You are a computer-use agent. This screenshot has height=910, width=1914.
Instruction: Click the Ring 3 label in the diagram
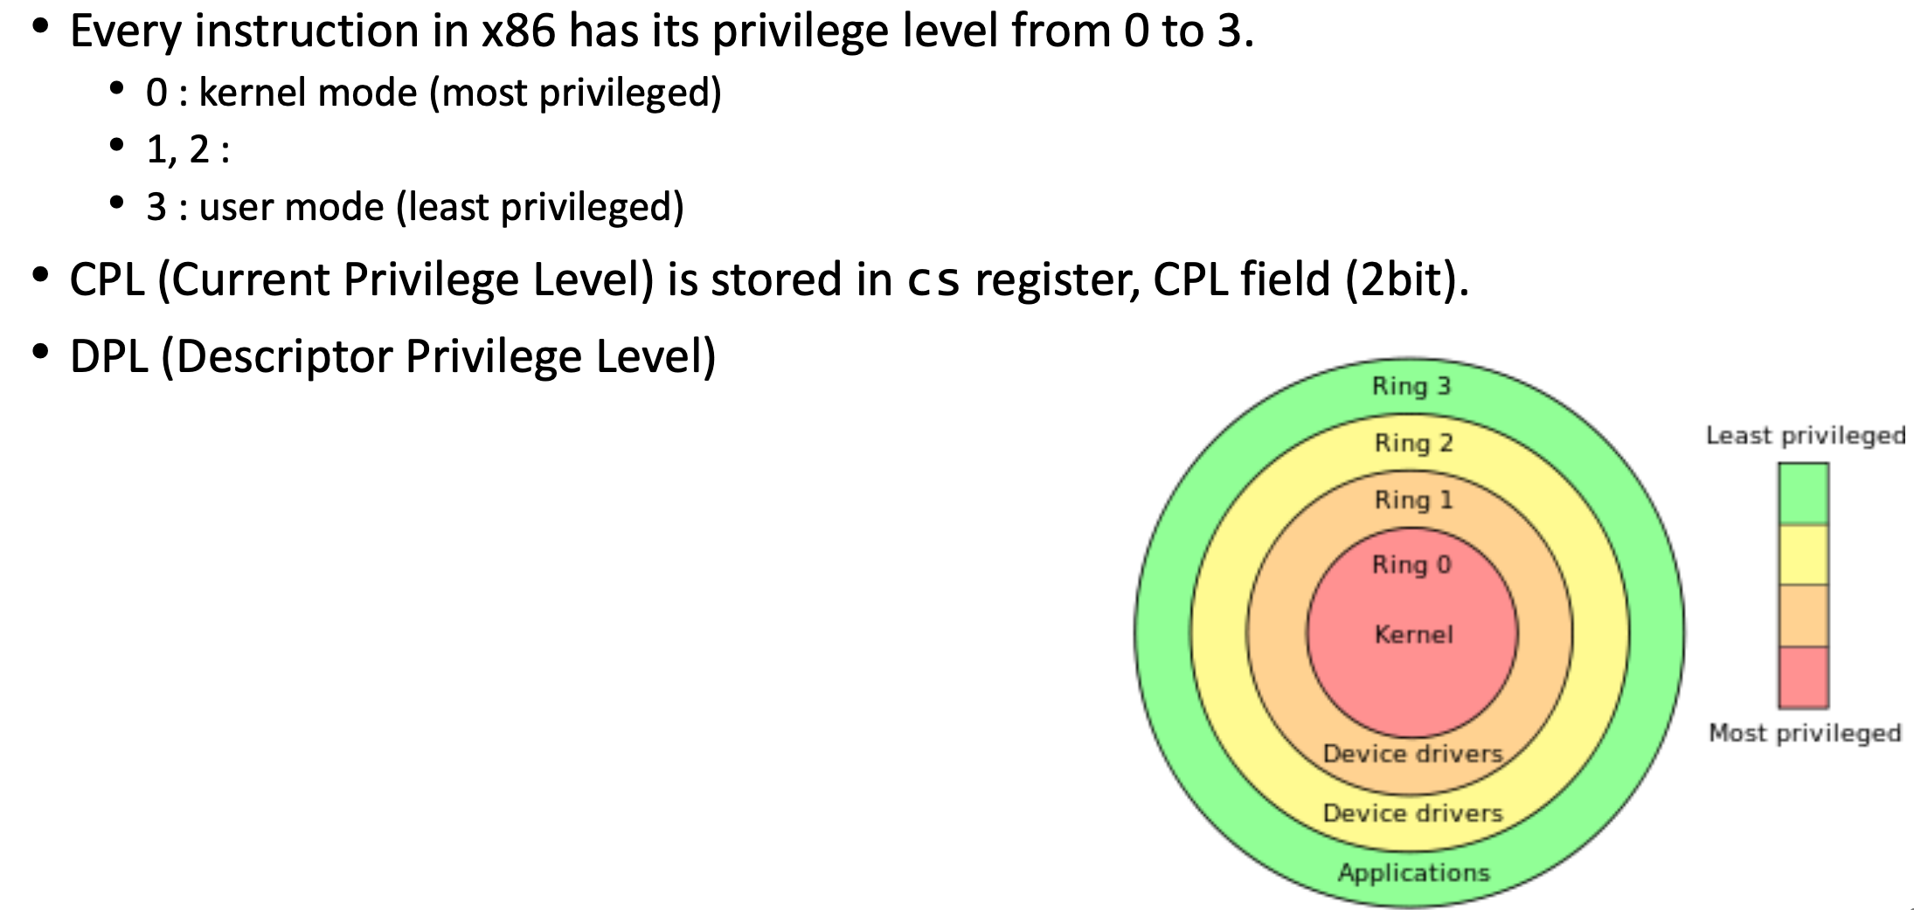click(1411, 386)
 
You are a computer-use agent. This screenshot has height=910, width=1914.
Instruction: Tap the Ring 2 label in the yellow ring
click(1412, 443)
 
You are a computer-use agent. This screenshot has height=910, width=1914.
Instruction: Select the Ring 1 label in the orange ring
click(1412, 500)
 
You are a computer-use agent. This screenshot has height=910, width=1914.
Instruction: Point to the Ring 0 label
click(1411, 564)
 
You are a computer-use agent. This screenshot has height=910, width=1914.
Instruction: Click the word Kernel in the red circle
click(1412, 634)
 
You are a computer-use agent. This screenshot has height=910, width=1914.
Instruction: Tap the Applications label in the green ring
click(1412, 872)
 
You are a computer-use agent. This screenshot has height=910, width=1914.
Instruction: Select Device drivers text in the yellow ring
click(1412, 813)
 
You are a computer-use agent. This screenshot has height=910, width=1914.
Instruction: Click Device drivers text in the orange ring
click(1412, 753)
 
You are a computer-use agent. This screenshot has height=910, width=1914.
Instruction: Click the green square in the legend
click(1803, 493)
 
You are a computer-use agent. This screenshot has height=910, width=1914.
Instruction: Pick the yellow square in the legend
click(1803, 555)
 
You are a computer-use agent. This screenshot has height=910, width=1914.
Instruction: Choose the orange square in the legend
click(1803, 616)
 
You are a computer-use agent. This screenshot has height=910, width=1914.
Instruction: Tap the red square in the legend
click(1803, 677)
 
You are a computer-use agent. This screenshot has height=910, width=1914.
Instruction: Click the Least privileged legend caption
click(1805, 435)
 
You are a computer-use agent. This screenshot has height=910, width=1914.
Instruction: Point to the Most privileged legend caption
click(1805, 733)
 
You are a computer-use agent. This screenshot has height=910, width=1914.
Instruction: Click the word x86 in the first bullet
click(518, 31)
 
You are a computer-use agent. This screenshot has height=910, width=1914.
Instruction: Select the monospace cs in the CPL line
click(933, 281)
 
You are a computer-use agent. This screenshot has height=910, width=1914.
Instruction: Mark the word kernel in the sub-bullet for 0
click(247, 93)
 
